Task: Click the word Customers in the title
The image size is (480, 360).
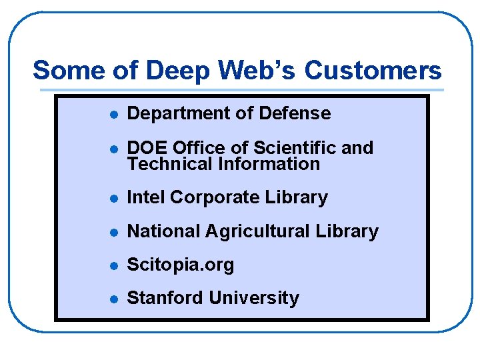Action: [x=373, y=71]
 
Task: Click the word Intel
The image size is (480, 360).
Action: [x=146, y=197]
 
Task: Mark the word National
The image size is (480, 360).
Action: [x=164, y=231]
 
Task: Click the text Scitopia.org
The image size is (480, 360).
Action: [x=181, y=265]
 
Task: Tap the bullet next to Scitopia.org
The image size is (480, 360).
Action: [x=114, y=265]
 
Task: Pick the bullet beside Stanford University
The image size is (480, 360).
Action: [x=114, y=299]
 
